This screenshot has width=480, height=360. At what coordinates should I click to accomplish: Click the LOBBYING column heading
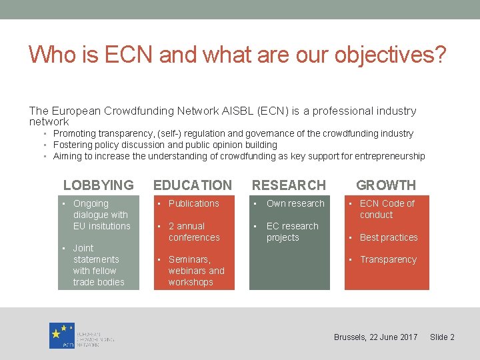98,185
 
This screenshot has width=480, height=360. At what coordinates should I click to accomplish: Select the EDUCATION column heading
193,185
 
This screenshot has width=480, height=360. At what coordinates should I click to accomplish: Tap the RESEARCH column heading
289,185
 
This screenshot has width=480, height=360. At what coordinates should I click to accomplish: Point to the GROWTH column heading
386,185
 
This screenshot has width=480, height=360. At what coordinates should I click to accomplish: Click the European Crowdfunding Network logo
81,335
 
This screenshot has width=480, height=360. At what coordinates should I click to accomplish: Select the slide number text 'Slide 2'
442,337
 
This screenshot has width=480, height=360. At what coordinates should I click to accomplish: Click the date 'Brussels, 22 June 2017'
375,337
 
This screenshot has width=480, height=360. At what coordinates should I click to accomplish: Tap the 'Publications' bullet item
193,203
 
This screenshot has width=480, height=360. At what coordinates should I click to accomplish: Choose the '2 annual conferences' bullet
193,232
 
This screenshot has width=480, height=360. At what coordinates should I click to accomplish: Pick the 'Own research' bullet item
295,203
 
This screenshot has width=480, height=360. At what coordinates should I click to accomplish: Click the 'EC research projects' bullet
292,232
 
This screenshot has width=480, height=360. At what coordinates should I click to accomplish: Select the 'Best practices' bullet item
389,237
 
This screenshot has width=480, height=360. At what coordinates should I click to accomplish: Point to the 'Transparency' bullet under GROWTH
388,259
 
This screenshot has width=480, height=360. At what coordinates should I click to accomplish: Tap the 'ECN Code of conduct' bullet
387,209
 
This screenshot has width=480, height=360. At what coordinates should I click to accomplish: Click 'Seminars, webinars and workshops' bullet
196,271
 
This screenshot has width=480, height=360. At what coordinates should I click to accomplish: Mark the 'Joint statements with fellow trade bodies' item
98,265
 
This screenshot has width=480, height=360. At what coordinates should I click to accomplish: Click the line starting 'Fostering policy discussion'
165,145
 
